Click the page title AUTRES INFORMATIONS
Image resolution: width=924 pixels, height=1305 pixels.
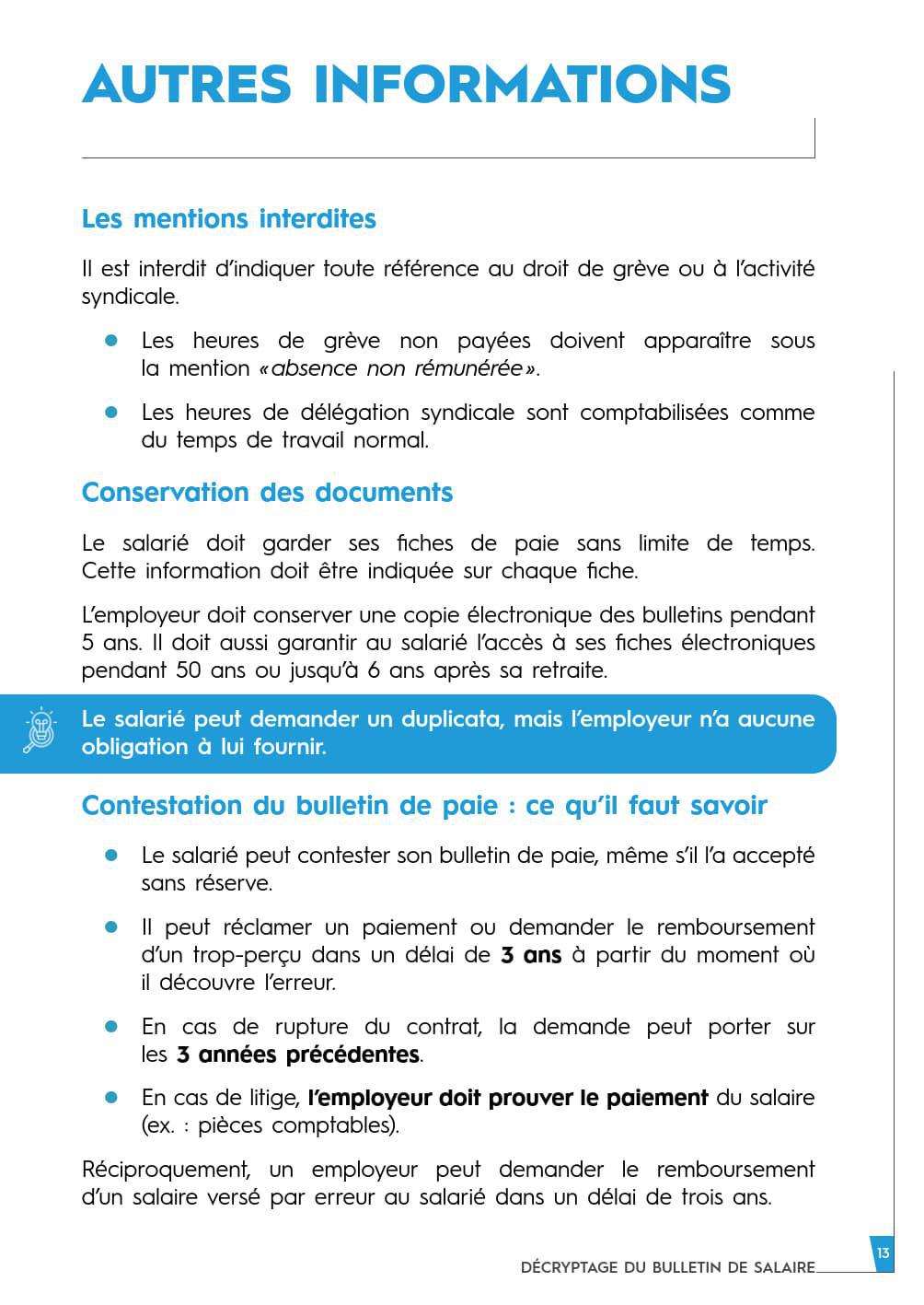click(x=406, y=84)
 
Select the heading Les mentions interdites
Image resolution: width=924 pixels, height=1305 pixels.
click(x=228, y=219)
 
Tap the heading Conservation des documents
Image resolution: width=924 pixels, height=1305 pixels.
click(x=267, y=493)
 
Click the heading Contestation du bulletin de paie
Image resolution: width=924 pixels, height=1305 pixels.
click(x=424, y=806)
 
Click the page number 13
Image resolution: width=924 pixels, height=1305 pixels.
click(x=883, y=1253)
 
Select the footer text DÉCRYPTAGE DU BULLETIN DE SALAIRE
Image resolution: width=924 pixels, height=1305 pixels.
click(x=667, y=1267)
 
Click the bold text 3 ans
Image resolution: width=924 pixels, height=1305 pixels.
click(x=530, y=955)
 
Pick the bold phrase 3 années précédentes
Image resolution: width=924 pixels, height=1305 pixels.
click(x=297, y=1054)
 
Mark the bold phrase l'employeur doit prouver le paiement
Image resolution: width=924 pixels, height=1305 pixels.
click(x=508, y=1098)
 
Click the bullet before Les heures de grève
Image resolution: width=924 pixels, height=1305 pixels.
click(x=112, y=341)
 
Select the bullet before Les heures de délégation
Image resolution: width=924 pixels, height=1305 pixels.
click(x=112, y=413)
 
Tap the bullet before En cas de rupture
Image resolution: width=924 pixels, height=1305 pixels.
click(x=112, y=1026)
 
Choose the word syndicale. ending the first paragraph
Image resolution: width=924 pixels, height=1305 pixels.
click(x=130, y=297)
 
